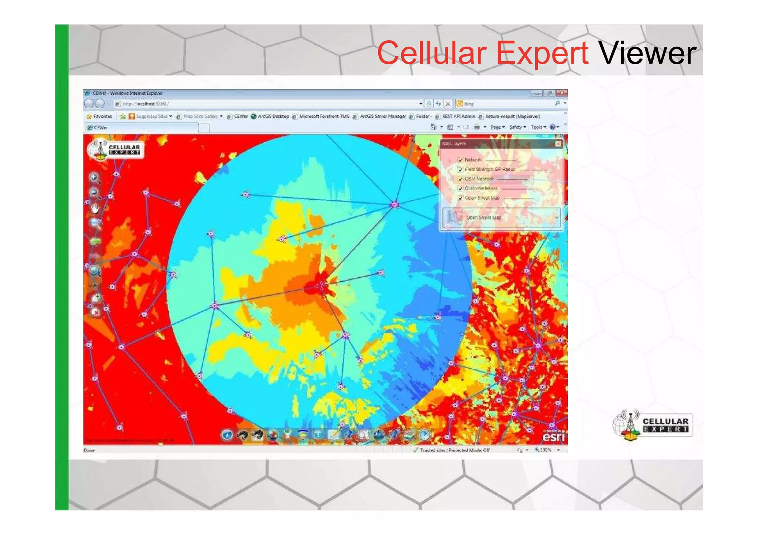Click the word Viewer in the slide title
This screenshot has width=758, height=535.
click(x=647, y=54)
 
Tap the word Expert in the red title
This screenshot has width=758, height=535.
click(x=542, y=54)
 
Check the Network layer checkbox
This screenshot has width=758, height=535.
click(x=460, y=160)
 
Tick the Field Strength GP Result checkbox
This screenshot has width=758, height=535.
click(x=460, y=169)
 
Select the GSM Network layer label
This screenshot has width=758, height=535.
click(x=479, y=179)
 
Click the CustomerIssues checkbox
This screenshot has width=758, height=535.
click(x=460, y=189)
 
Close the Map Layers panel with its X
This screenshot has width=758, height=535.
click(x=558, y=144)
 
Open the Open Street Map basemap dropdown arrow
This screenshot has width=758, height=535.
click(x=556, y=217)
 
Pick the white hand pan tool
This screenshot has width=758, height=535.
click(x=95, y=209)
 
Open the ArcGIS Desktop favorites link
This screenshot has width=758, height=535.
click(x=273, y=116)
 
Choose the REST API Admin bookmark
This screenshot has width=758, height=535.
click(x=458, y=116)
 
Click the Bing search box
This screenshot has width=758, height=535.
click(x=507, y=104)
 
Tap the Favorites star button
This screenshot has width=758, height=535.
click(x=99, y=116)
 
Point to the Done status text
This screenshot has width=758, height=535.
click(x=89, y=450)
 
